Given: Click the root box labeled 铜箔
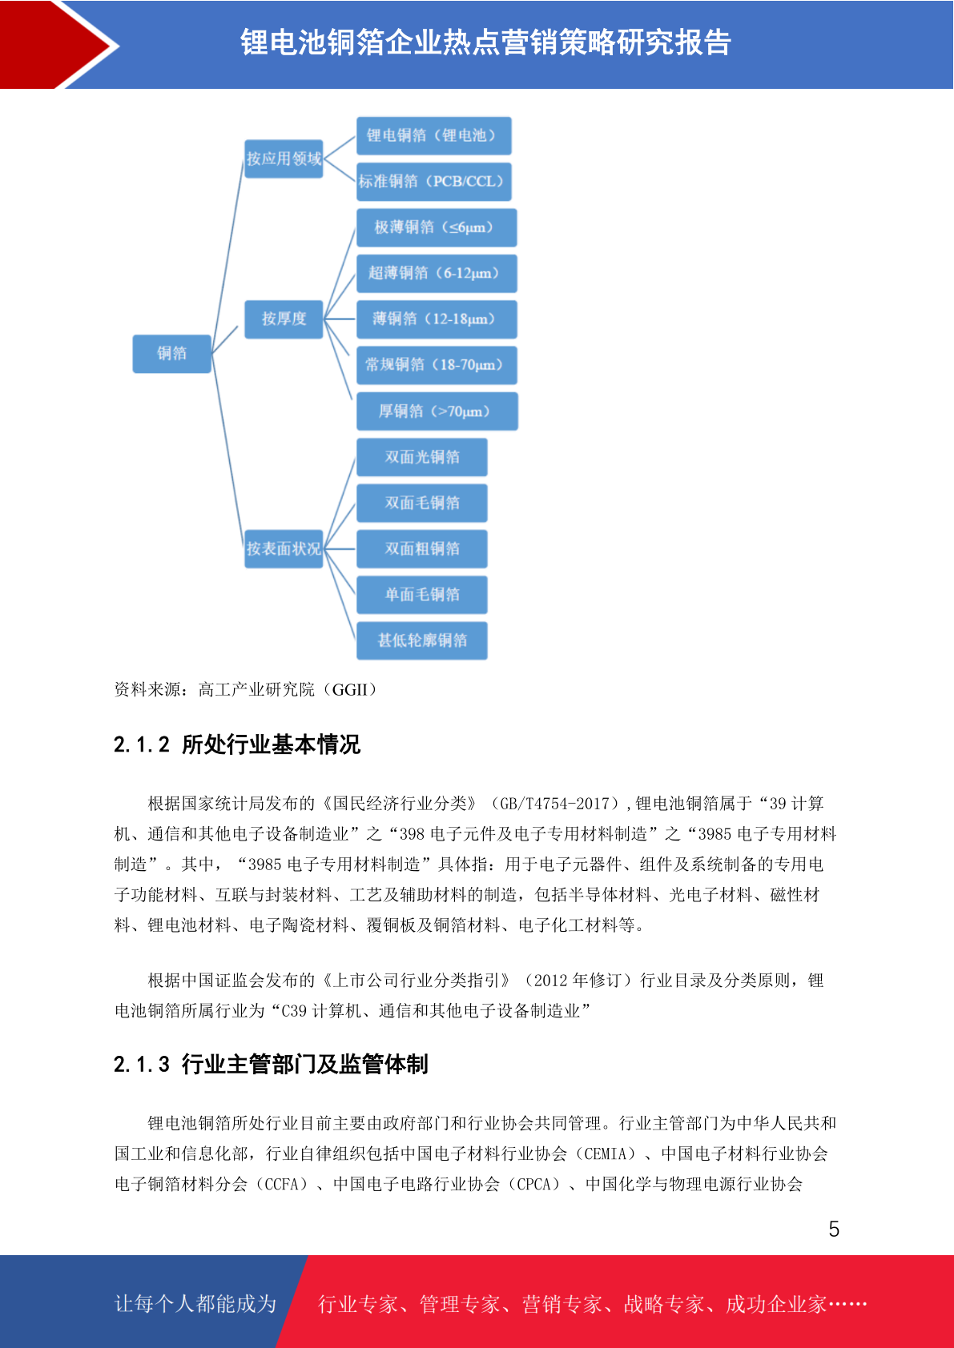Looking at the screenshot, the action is click(171, 354).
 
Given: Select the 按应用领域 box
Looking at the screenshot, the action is click(284, 158).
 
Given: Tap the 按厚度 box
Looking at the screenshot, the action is click(284, 319).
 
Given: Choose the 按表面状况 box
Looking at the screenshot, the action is click(284, 549).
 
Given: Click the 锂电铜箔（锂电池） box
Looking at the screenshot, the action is click(433, 136).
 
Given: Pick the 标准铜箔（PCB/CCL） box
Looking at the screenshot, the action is click(433, 182).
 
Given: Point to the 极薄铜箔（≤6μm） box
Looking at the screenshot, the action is click(437, 227).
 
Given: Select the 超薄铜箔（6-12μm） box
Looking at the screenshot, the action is click(437, 273).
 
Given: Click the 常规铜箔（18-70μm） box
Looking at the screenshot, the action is click(437, 365).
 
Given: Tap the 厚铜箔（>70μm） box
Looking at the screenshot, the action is click(437, 411).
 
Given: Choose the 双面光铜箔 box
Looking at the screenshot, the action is click(421, 457).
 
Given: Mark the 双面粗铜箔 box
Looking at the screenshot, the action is click(421, 549).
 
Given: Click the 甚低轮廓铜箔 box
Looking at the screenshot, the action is click(421, 640).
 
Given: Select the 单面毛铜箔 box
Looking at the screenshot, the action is click(421, 595).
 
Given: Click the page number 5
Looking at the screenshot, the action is click(834, 1229).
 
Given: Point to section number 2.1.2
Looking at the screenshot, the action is click(142, 745).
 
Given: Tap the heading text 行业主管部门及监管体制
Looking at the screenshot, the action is click(304, 1065).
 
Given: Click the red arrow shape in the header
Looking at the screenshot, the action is click(57, 45).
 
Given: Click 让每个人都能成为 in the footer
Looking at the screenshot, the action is click(195, 1304).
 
